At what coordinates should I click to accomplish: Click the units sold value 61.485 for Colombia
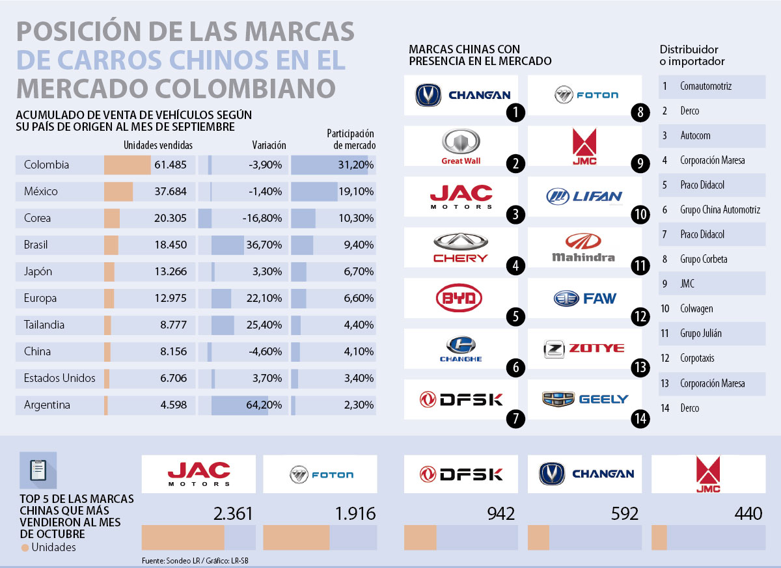(171, 165)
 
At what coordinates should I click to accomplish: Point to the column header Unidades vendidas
(158, 145)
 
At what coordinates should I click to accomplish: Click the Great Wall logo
(461, 146)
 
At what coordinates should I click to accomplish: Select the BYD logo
(461, 299)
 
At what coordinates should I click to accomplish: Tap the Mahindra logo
(583, 248)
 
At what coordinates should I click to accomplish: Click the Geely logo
(585, 399)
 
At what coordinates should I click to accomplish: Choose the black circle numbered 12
(640, 317)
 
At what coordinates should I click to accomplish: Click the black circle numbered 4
(515, 266)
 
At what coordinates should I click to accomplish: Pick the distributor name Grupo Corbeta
(704, 260)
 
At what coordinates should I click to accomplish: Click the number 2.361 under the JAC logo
(232, 514)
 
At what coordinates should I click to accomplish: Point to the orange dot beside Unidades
(25, 548)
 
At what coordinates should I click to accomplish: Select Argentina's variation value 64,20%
(264, 405)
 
